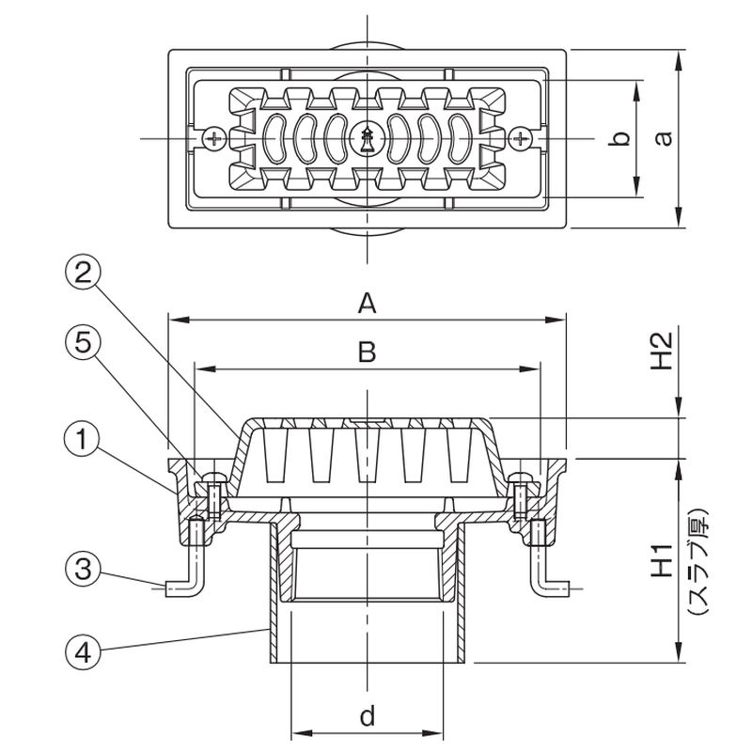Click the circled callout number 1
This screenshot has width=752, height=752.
click(83, 438)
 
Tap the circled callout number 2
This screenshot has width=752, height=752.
click(83, 274)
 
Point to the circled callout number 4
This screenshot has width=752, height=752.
click(83, 648)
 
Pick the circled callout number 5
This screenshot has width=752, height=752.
click(83, 345)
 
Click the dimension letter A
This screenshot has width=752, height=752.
click(368, 303)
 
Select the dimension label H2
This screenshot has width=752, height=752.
click(664, 349)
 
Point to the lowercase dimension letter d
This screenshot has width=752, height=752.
click(368, 717)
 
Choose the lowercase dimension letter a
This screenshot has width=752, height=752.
click(664, 138)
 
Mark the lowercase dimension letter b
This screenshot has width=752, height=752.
click(618, 139)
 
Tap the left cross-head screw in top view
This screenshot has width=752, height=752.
click(216, 139)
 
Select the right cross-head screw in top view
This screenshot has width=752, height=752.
click(520, 139)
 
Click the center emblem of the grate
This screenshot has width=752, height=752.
click(368, 140)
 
